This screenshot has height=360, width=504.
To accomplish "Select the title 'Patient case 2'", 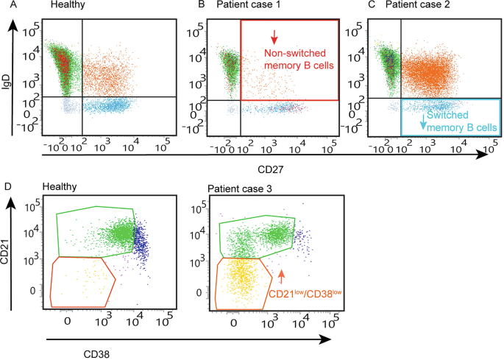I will [x=418, y=7].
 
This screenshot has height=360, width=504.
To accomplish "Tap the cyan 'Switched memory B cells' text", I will [x=462, y=121].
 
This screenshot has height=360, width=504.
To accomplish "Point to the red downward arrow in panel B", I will [x=274, y=35].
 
